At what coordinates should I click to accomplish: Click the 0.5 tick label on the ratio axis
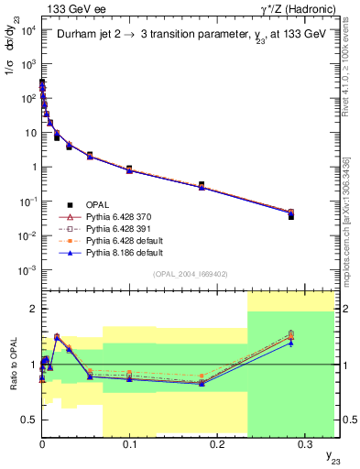28,420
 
